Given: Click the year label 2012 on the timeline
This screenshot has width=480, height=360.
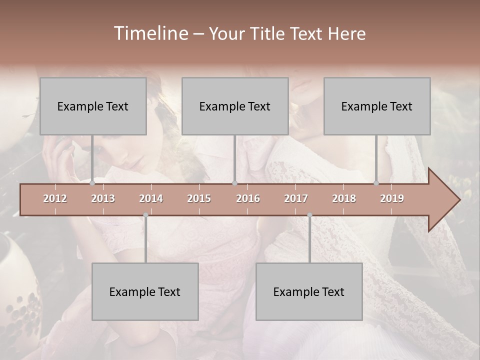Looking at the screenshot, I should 55,198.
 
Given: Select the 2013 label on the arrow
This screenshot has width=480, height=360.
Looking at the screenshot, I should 103,198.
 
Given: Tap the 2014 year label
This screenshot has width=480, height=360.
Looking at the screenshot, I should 151,198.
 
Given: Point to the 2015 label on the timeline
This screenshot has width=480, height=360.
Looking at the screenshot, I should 199,198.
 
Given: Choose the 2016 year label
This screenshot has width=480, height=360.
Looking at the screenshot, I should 248,198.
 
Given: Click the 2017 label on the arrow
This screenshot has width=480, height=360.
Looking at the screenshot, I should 296,198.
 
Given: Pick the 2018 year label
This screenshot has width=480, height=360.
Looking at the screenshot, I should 344,198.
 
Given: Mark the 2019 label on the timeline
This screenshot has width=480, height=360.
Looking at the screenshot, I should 392,198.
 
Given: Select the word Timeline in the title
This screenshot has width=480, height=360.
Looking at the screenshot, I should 150,33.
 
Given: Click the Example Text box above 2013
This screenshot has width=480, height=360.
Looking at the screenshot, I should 93,106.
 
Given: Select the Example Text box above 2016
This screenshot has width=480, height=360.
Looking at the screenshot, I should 235,106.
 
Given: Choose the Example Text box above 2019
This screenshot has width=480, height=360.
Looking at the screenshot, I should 377,106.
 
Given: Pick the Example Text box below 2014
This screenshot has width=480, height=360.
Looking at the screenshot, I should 145,291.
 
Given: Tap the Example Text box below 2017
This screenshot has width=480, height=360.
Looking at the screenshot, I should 309,291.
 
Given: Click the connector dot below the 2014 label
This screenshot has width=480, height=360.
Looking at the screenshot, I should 145,215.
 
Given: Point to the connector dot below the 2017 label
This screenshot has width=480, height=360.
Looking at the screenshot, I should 309,215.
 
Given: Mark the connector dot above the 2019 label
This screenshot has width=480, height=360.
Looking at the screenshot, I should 376,183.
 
